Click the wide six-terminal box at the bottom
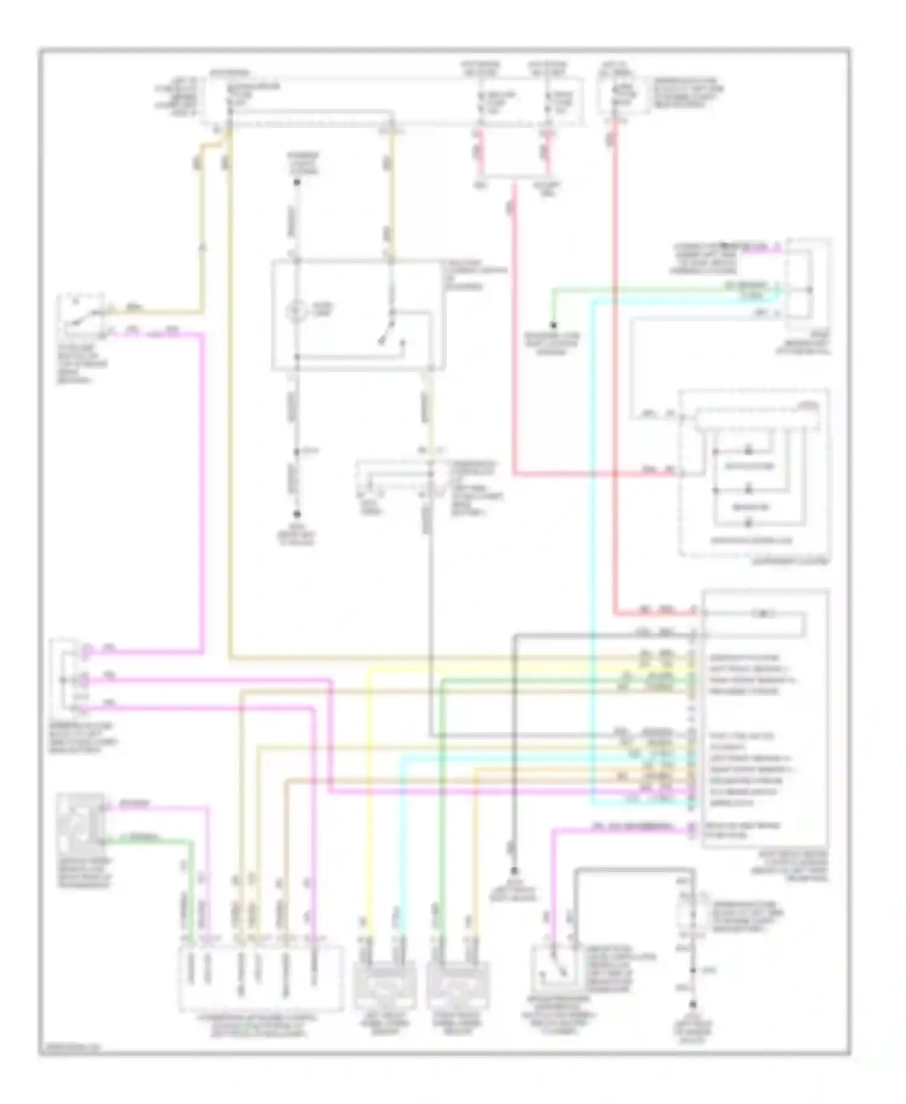[260, 978]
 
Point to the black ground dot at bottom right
[693, 1004]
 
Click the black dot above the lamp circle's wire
[297, 181]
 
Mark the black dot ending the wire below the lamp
[297, 515]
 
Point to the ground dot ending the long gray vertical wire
[514, 871]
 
